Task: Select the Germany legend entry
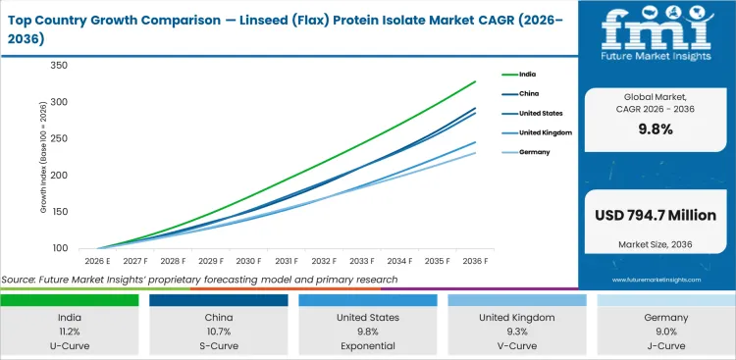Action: coord(535,152)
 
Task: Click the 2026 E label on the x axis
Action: coord(96,262)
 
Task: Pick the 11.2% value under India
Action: coord(69,332)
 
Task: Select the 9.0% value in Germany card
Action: coord(666,332)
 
